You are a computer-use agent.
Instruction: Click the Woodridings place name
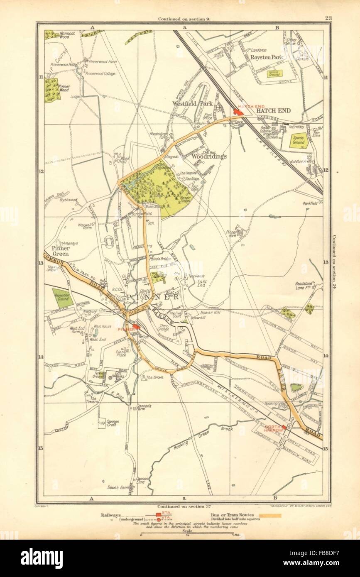209,157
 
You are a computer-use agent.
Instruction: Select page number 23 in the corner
329,18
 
